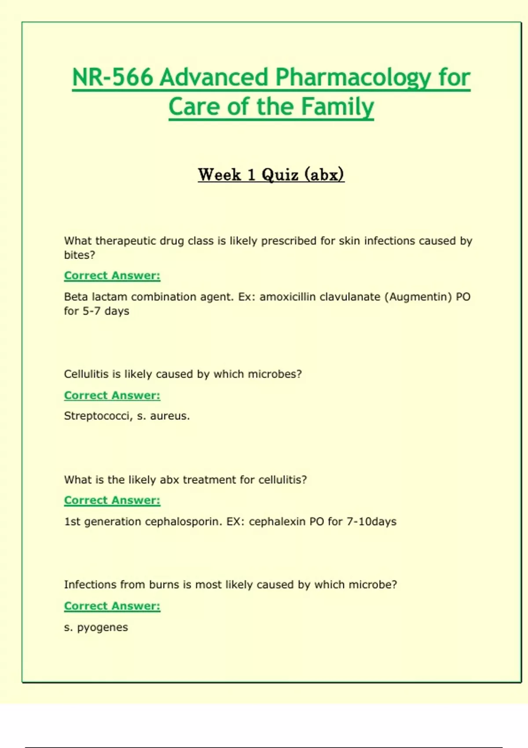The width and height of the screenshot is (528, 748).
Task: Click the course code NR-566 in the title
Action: tap(113, 77)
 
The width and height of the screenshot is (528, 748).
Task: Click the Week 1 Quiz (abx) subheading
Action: tap(271, 175)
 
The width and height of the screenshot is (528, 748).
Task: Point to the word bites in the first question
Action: tap(78, 255)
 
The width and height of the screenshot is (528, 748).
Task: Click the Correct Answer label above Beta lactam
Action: tap(112, 275)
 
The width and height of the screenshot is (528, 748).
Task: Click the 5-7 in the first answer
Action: tap(92, 311)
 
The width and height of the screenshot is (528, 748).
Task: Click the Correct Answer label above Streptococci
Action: tap(112, 395)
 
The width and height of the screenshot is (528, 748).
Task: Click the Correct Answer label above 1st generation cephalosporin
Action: tap(112, 500)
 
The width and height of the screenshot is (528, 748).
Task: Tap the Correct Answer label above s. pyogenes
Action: tap(112, 606)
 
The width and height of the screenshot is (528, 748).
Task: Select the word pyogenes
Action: tap(103, 628)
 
